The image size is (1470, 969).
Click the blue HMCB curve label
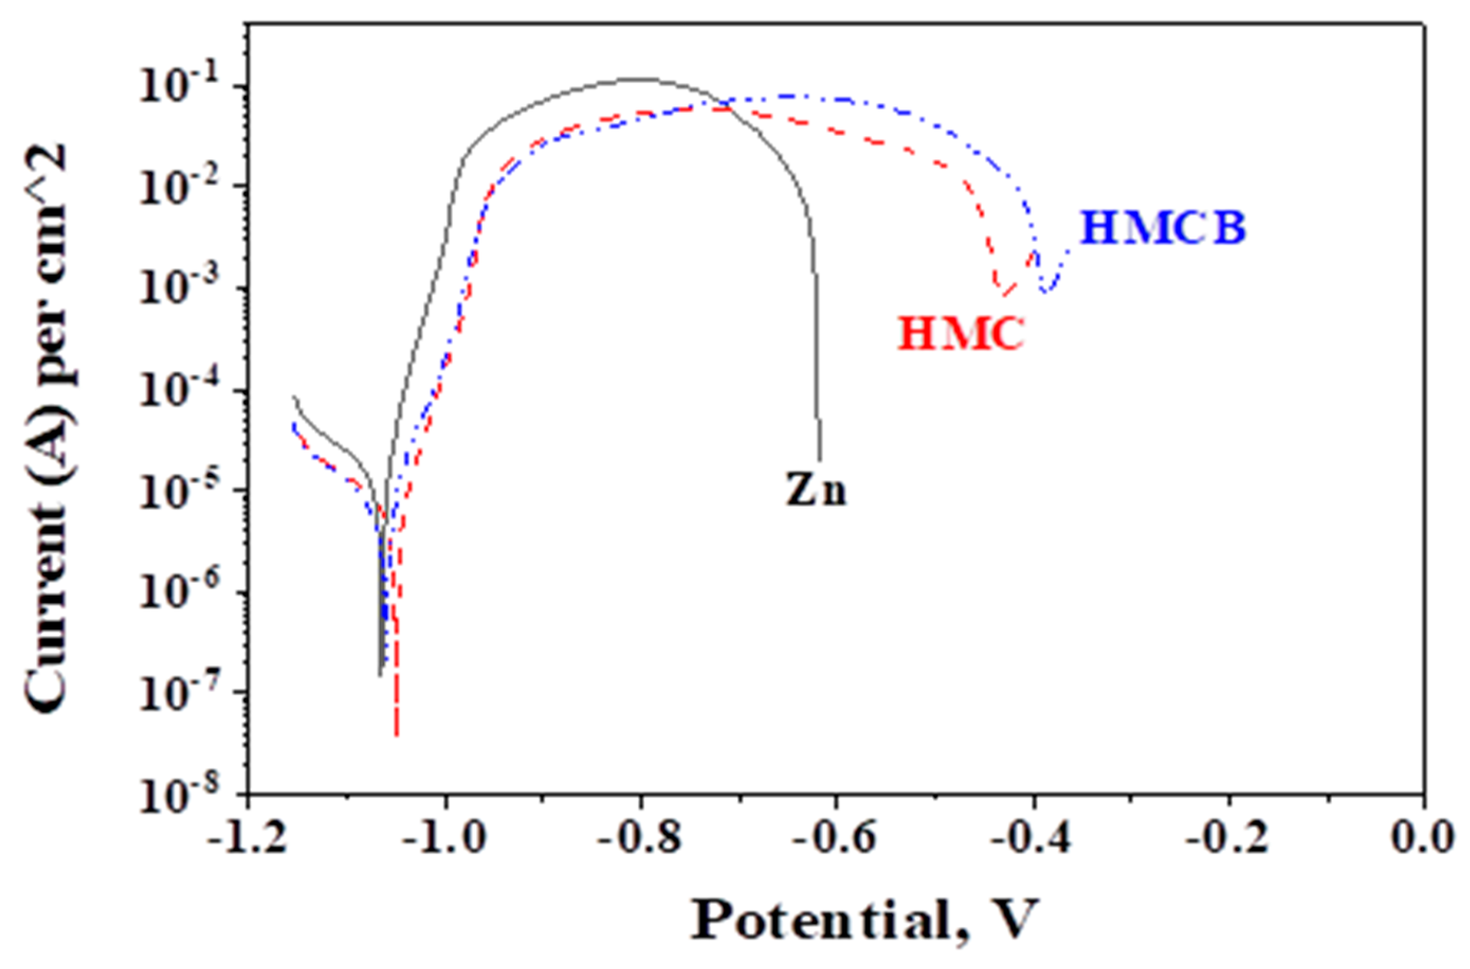tap(1162, 228)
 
